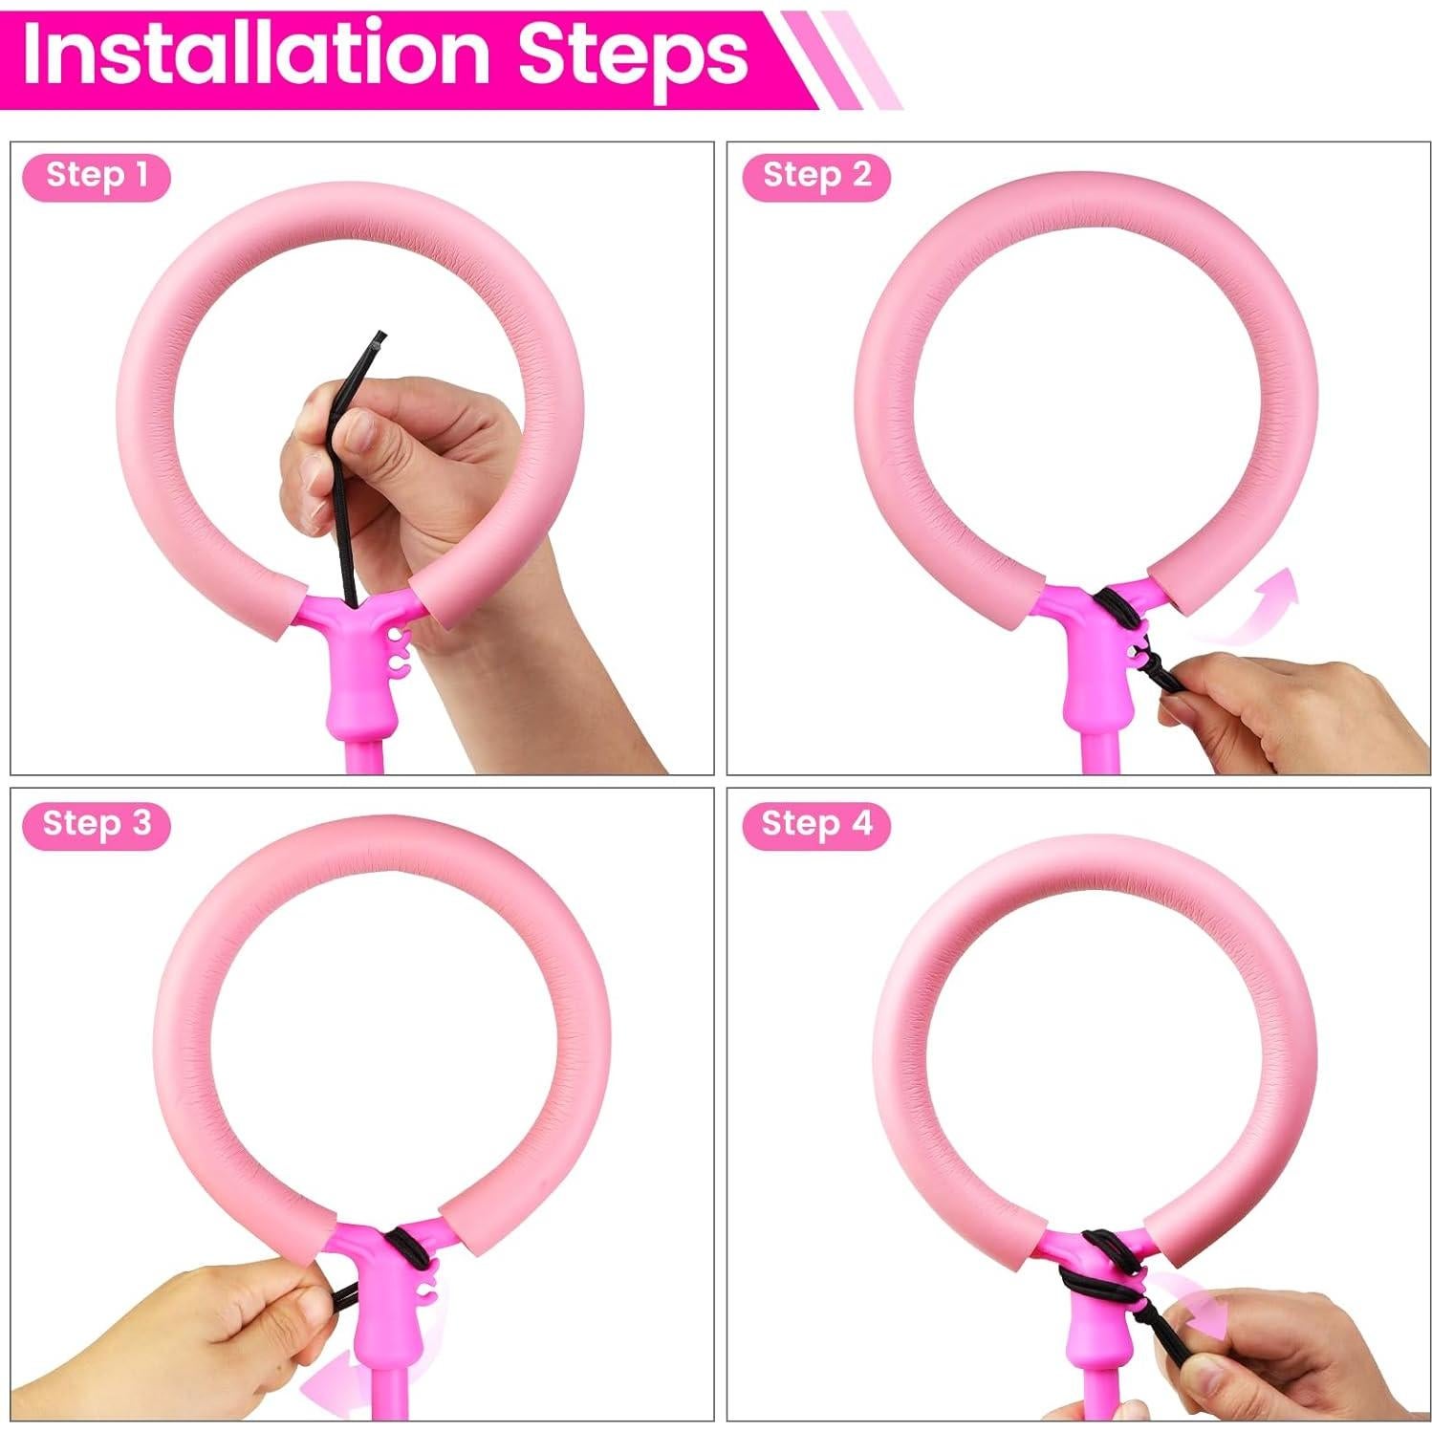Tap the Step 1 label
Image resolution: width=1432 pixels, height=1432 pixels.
point(97,176)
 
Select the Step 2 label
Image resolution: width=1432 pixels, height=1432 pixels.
point(817,176)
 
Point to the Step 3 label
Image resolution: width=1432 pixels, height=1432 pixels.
point(97,824)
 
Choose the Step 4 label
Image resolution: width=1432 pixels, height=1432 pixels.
point(817,824)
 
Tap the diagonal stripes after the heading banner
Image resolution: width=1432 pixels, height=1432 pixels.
point(841,57)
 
